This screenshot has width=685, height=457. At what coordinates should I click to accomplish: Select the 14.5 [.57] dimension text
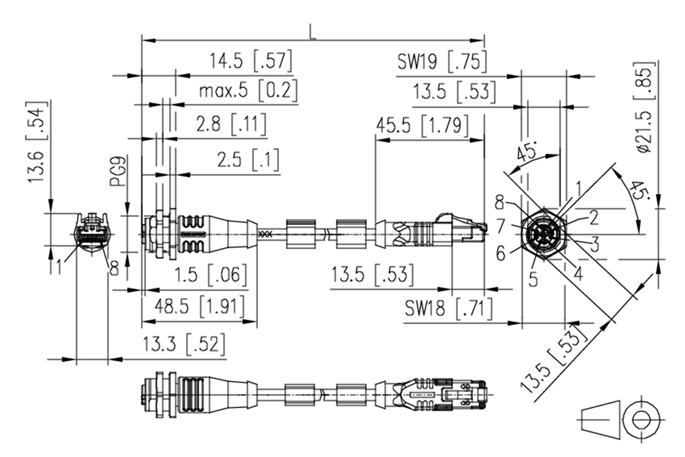click(251, 61)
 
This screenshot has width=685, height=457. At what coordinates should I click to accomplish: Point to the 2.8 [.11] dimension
click(231, 124)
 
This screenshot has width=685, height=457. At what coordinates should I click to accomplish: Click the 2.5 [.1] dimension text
click(248, 160)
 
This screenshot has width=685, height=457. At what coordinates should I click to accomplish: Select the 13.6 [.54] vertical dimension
click(37, 142)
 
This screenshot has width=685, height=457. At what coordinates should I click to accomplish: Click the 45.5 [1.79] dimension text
click(422, 125)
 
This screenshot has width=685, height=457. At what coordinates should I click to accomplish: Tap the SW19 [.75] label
click(442, 61)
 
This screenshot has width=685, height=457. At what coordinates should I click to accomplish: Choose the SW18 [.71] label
click(449, 308)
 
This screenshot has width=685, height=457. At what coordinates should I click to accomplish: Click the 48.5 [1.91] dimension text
click(199, 307)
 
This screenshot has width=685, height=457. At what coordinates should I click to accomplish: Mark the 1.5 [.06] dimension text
click(210, 274)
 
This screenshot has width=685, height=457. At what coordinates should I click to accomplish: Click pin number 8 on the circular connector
click(499, 201)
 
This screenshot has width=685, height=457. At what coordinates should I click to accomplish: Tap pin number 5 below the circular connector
click(533, 279)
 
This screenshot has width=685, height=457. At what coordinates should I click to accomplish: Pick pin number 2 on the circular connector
click(594, 217)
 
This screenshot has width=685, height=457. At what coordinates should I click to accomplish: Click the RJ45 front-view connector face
click(92, 234)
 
